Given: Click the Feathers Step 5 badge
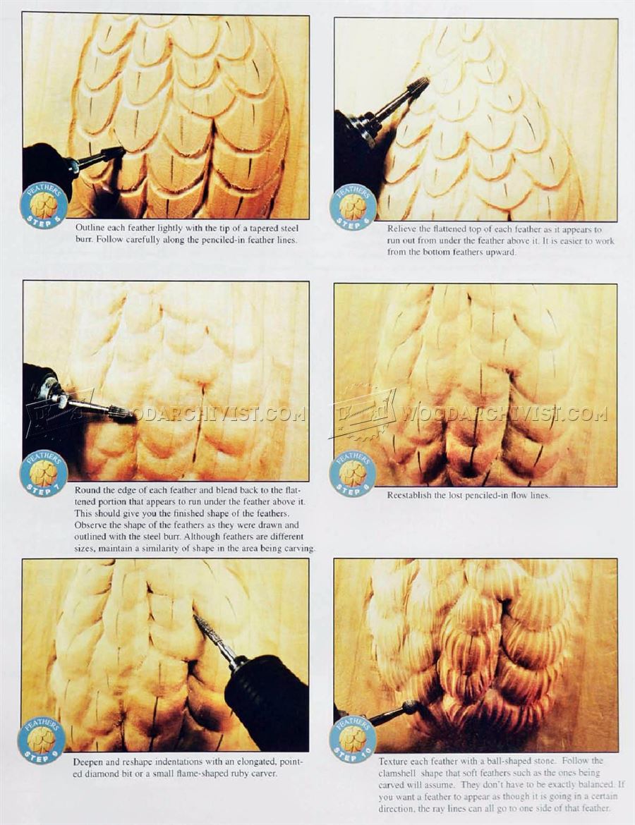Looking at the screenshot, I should click(x=44, y=204).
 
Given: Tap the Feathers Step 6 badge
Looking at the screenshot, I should click(x=353, y=206).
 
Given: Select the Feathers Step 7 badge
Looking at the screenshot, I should click(x=44, y=473).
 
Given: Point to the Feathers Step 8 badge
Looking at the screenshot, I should click(x=353, y=473).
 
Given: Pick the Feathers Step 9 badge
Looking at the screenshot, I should click(x=42, y=740).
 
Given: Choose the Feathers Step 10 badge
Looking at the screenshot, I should click(x=353, y=739).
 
